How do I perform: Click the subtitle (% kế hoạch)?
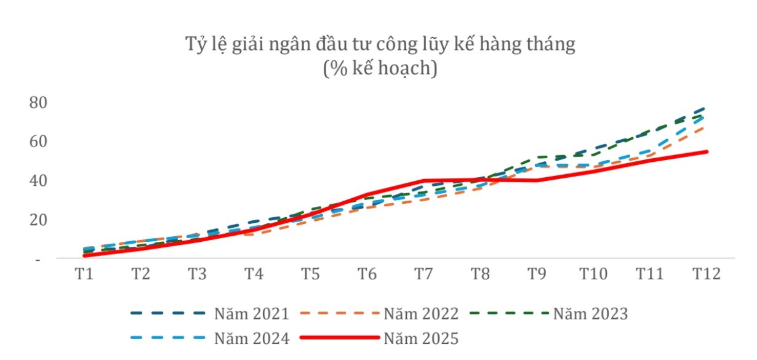click(380, 68)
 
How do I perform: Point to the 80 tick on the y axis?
click(38, 102)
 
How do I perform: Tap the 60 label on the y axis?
click(38, 142)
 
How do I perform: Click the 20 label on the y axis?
click(38, 220)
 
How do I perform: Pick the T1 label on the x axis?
click(84, 274)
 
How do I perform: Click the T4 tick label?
click(254, 274)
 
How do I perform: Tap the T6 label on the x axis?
click(367, 274)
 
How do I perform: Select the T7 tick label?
click(424, 274)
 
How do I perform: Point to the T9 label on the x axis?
click(537, 274)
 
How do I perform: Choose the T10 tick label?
click(594, 274)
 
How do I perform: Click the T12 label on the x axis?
click(707, 274)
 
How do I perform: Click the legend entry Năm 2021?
click(252, 314)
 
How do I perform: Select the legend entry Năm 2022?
click(421, 314)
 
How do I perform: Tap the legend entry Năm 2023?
click(590, 314)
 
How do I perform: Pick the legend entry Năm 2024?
click(252, 338)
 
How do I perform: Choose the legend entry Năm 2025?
click(421, 338)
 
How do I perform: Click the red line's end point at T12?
click(707, 151)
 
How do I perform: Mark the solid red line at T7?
click(424, 181)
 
